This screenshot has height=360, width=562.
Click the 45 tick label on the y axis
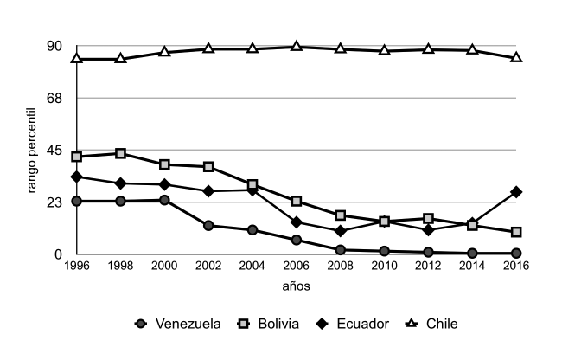(x=54, y=150)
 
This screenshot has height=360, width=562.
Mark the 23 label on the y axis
(x=54, y=202)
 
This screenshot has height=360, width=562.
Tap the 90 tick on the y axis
(x=54, y=46)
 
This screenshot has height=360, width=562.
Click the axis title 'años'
(x=296, y=286)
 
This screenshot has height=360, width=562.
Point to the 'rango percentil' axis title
(x=33, y=151)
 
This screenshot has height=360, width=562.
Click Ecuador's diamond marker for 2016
(x=516, y=191)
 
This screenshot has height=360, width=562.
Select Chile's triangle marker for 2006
(x=297, y=46)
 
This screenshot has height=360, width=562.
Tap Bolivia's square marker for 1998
(x=120, y=153)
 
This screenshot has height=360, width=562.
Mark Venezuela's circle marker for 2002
(x=208, y=225)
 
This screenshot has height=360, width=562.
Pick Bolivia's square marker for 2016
(x=516, y=232)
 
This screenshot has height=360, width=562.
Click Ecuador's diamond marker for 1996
(x=76, y=177)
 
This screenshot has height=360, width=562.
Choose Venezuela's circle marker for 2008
(x=340, y=250)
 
